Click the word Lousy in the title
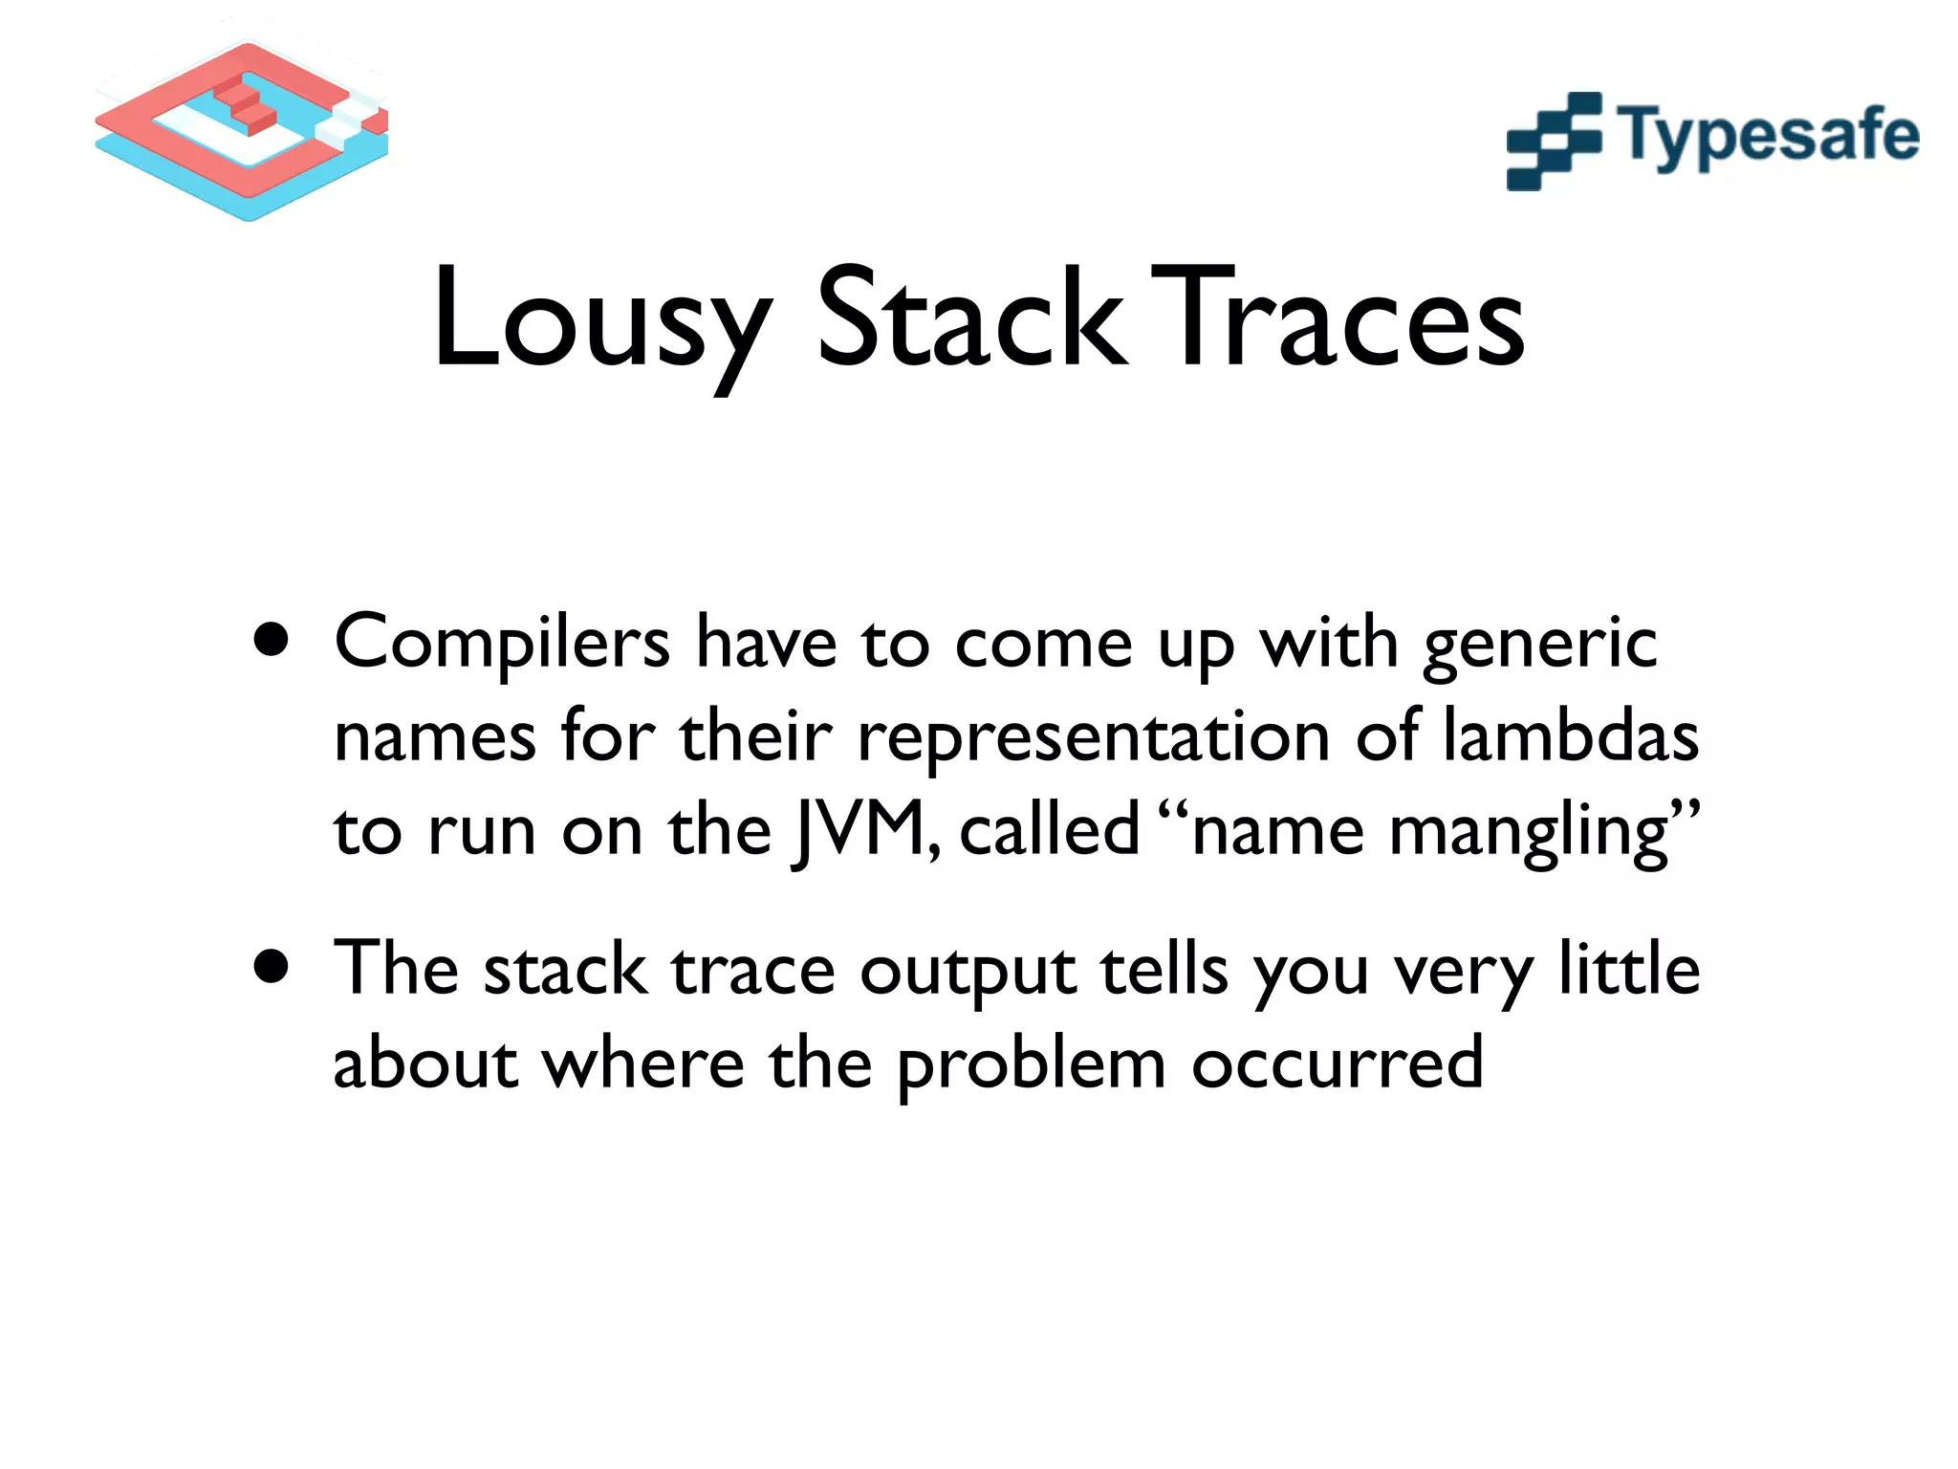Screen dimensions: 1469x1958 (x=600, y=320)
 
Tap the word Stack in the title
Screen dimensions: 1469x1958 (x=970, y=320)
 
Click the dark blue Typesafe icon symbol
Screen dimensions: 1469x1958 (x=1554, y=142)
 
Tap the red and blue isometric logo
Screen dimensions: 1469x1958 (x=242, y=131)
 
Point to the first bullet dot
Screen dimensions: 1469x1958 (x=272, y=641)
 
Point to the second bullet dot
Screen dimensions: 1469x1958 (x=272, y=967)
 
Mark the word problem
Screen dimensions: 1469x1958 (x=1032, y=1064)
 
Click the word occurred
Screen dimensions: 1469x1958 (x=1338, y=1063)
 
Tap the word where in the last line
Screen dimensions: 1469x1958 (x=643, y=1063)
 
